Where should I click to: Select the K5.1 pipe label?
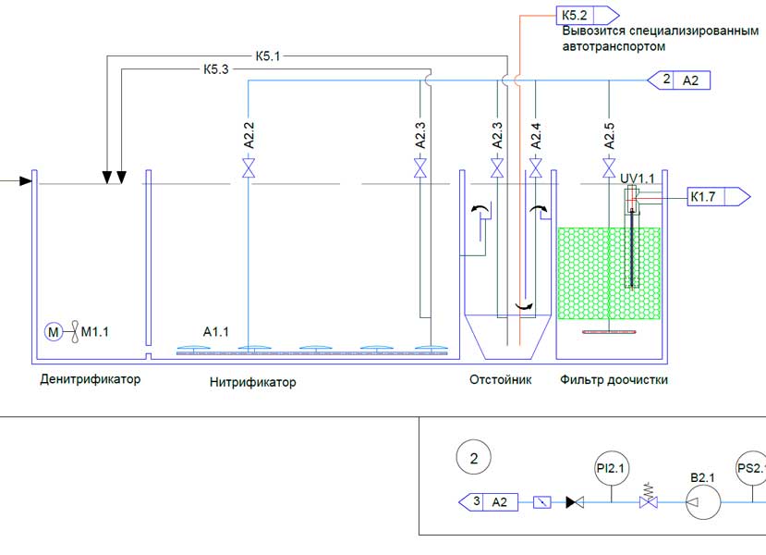(268, 56)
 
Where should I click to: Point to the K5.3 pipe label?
(216, 69)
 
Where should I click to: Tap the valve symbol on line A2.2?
(249, 167)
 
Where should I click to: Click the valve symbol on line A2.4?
(535, 167)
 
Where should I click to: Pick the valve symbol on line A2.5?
(609, 167)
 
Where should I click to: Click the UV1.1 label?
(637, 179)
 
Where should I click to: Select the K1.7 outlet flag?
(719, 197)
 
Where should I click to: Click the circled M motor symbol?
(54, 332)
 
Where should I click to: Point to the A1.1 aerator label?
(216, 332)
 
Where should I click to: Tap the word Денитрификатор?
(91, 379)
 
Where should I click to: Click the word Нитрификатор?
(252, 382)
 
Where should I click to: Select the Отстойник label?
(500, 379)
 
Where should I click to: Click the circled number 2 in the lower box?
(474, 458)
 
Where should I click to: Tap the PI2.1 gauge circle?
(611, 468)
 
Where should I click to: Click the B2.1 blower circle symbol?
(703, 501)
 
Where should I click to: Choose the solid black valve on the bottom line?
(575, 502)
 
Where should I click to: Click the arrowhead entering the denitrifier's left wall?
(26, 181)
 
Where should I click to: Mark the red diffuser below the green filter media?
(609, 332)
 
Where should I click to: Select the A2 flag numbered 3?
(488, 502)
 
